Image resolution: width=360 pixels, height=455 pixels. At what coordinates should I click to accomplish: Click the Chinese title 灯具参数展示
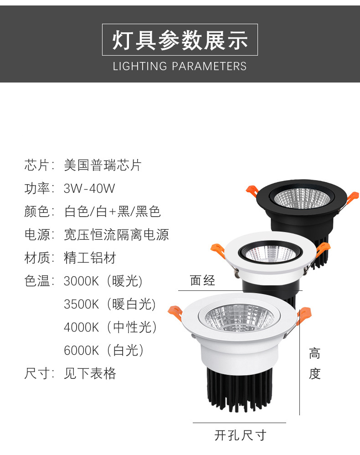[180, 40]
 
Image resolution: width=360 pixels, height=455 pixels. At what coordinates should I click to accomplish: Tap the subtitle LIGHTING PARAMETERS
[180, 67]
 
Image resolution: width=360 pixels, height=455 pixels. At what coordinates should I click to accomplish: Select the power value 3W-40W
[89, 189]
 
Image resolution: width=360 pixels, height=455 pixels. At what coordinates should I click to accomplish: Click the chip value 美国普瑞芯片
[103, 165]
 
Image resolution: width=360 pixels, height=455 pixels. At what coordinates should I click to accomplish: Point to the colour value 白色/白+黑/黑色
[112, 212]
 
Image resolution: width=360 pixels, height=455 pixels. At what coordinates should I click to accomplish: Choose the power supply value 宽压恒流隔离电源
[116, 235]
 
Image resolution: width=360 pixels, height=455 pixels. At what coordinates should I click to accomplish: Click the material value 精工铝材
[90, 258]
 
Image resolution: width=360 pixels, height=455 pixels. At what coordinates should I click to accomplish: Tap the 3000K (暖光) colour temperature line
[103, 281]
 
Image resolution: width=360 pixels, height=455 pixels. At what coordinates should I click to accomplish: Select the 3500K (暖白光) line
[110, 304]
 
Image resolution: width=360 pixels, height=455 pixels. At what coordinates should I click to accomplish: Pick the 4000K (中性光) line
[110, 327]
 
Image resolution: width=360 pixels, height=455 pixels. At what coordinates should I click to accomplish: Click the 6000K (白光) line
[104, 350]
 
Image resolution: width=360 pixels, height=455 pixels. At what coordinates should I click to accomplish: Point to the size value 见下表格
[90, 373]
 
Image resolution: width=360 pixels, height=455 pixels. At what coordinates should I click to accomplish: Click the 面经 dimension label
[202, 280]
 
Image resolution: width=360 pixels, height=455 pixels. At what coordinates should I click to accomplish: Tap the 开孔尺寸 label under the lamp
[240, 435]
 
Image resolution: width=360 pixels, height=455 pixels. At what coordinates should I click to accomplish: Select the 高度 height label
[314, 364]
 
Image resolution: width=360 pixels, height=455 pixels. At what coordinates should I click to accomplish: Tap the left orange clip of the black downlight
[252, 191]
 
